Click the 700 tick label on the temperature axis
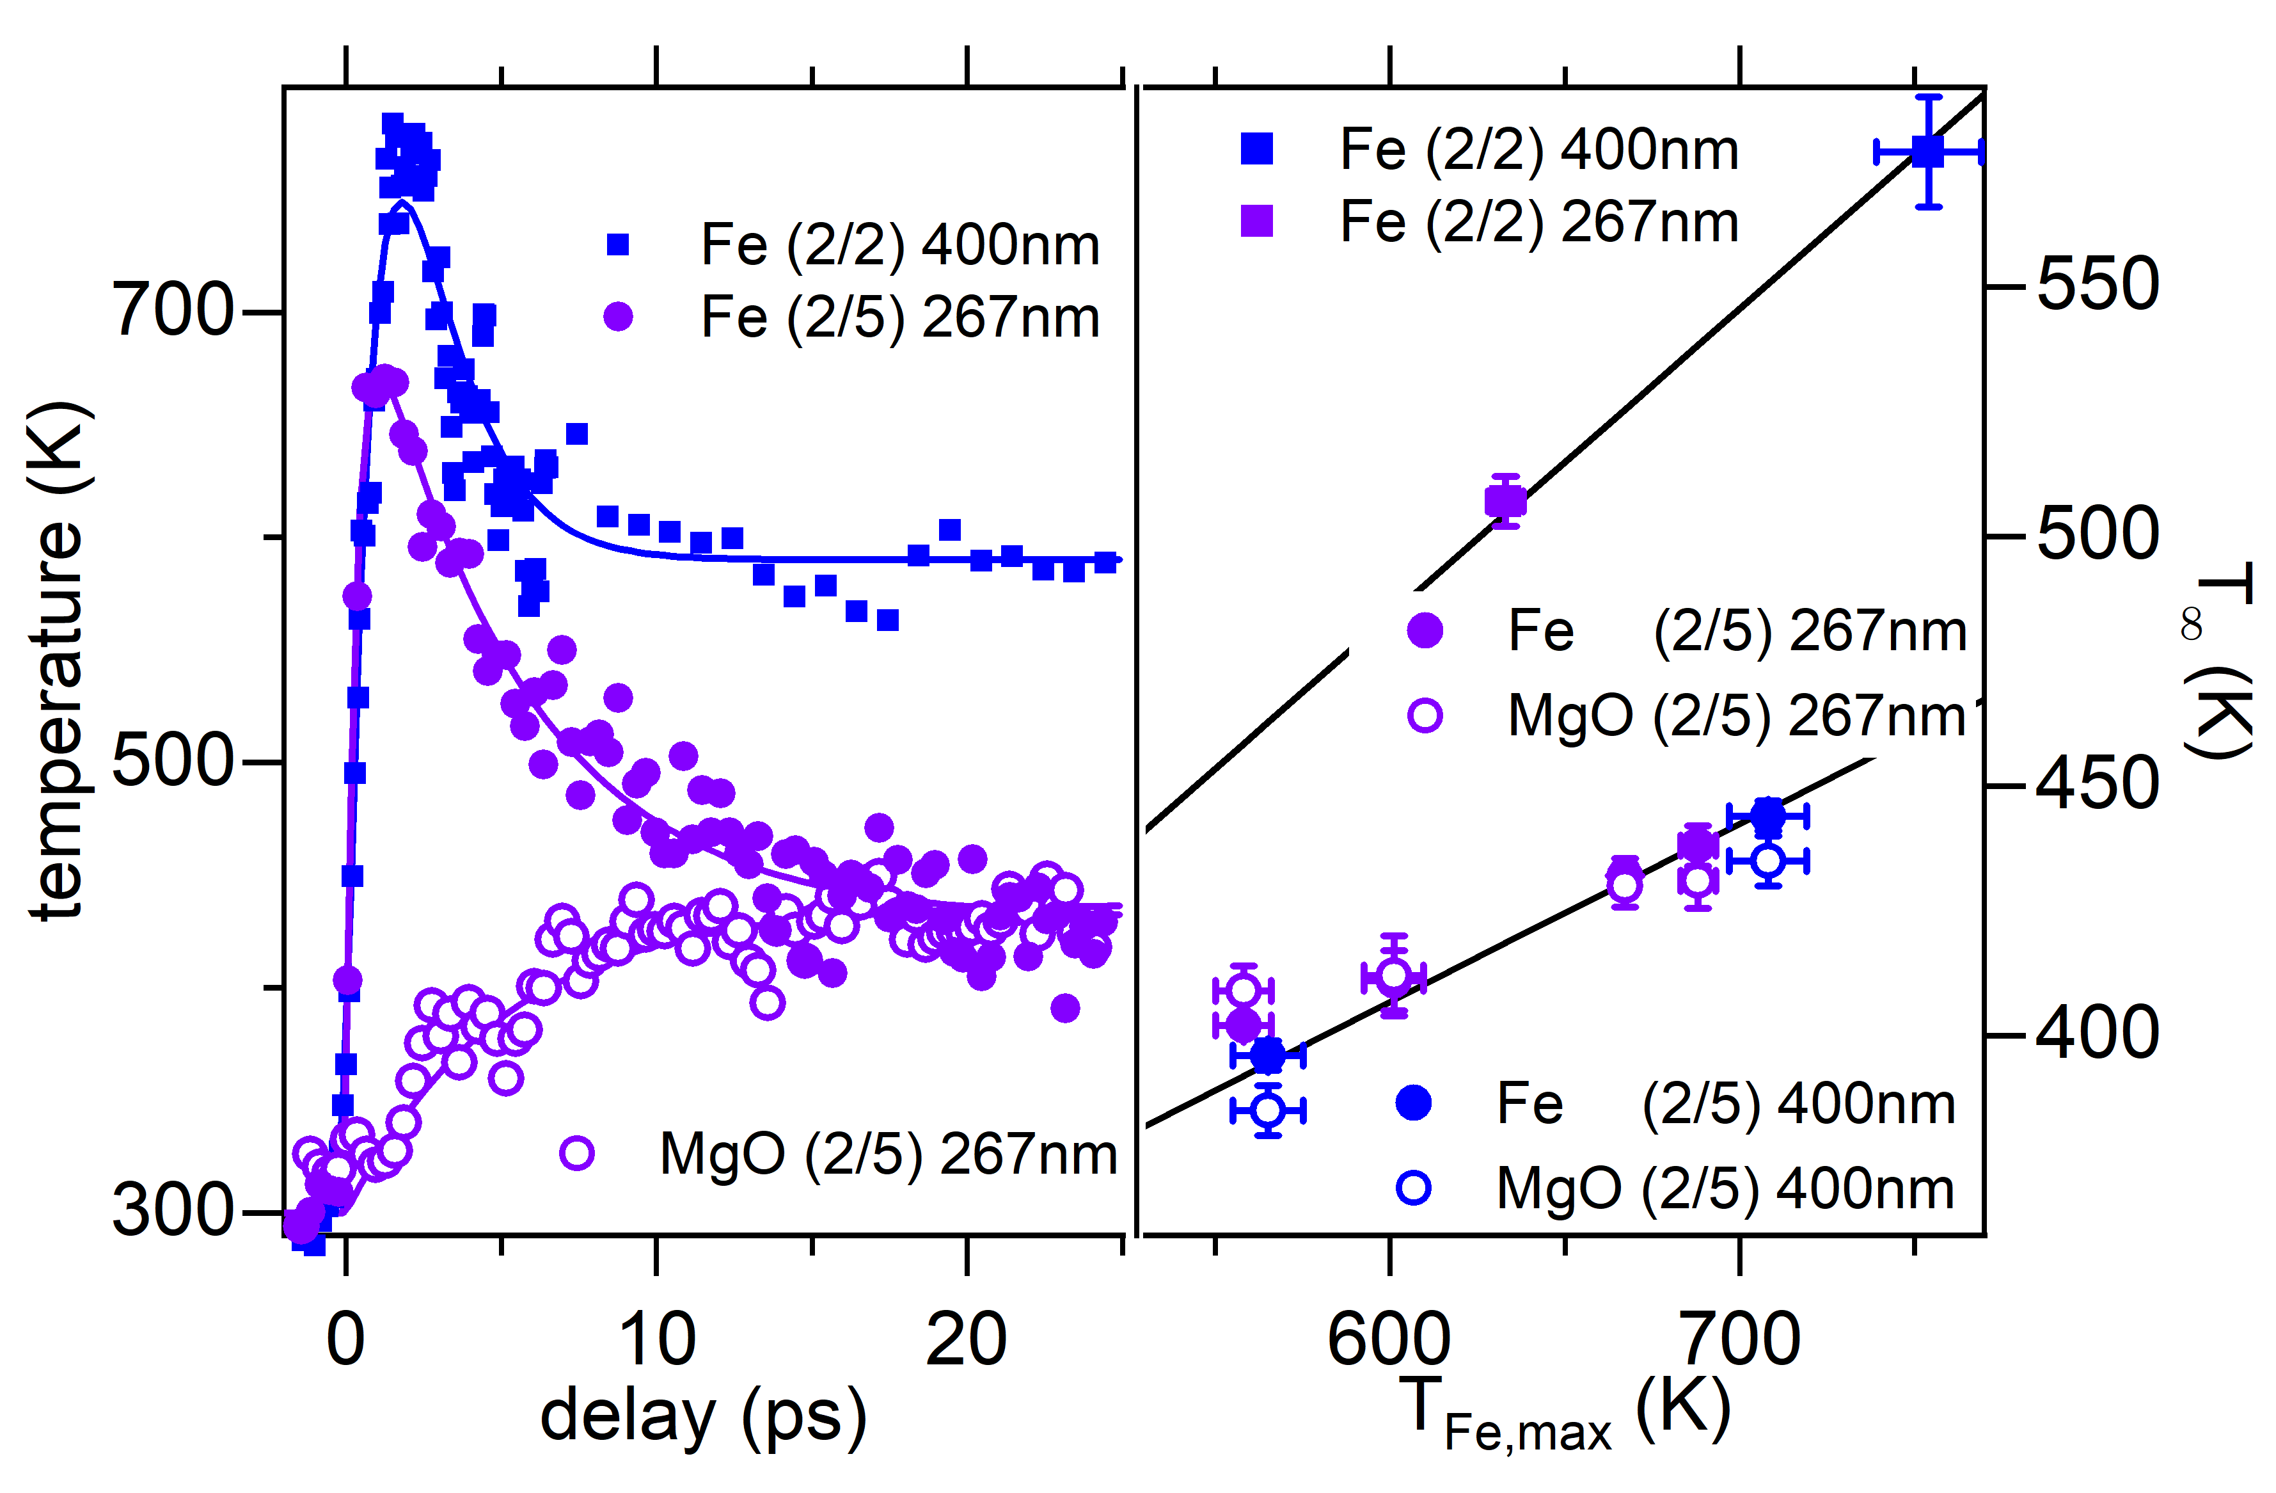172,311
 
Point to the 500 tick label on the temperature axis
172,762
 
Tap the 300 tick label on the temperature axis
172,1211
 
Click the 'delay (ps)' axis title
703,1416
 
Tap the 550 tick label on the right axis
2097,284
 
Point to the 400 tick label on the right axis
2097,1034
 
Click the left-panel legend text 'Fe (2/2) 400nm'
900,245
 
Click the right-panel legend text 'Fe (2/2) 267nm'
1538,222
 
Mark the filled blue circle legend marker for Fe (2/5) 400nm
1414,1103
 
